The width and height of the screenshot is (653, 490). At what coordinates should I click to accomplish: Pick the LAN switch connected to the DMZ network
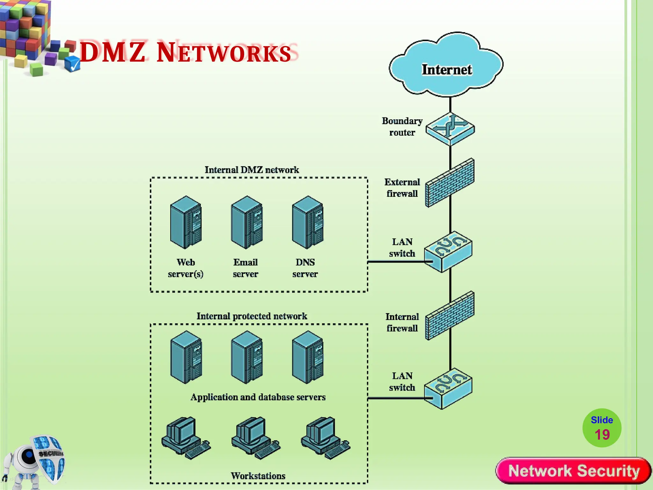[448, 252]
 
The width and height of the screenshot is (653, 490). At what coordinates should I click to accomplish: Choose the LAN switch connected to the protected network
[448, 389]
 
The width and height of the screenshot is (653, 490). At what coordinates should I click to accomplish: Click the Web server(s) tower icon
[186, 222]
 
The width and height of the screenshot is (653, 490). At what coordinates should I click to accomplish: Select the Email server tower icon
[247, 222]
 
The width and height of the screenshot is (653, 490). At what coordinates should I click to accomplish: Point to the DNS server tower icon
[308, 222]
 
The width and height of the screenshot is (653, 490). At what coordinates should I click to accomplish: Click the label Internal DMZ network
[252, 170]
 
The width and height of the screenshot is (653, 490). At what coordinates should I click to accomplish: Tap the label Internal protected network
[252, 316]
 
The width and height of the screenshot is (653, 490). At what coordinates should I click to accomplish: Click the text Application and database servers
[258, 397]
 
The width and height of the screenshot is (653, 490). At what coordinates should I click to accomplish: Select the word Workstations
[258, 476]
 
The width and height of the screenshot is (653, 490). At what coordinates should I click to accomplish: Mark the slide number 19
[602, 434]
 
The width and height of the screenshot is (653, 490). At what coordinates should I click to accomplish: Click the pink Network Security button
[573, 471]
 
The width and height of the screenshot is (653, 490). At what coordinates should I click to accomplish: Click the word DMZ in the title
[113, 52]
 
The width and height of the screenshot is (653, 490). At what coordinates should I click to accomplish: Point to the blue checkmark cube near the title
[72, 63]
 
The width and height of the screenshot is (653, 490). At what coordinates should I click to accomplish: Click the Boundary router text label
[402, 127]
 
